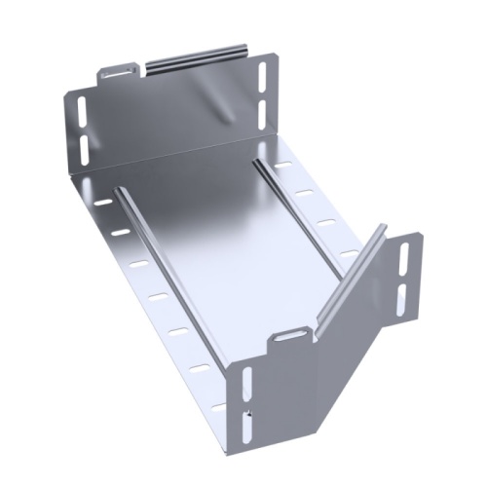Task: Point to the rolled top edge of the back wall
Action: (195, 56)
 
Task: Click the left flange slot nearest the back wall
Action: (102, 204)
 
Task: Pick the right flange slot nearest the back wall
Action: (284, 166)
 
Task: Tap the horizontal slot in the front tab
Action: (290, 335)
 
